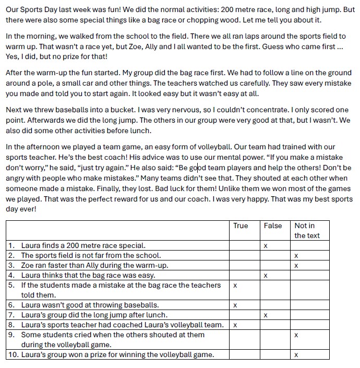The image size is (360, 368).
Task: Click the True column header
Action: point(241,225)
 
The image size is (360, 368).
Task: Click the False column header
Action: point(272,225)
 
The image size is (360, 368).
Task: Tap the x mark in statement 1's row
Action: point(266,246)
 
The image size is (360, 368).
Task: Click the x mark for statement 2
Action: point(296,256)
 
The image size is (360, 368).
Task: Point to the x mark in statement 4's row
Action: point(266,276)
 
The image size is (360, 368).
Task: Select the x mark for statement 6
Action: point(235,305)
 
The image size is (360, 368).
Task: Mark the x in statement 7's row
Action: point(266,315)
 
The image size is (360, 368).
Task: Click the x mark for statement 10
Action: point(296,355)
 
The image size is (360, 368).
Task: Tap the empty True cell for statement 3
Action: point(244,266)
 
